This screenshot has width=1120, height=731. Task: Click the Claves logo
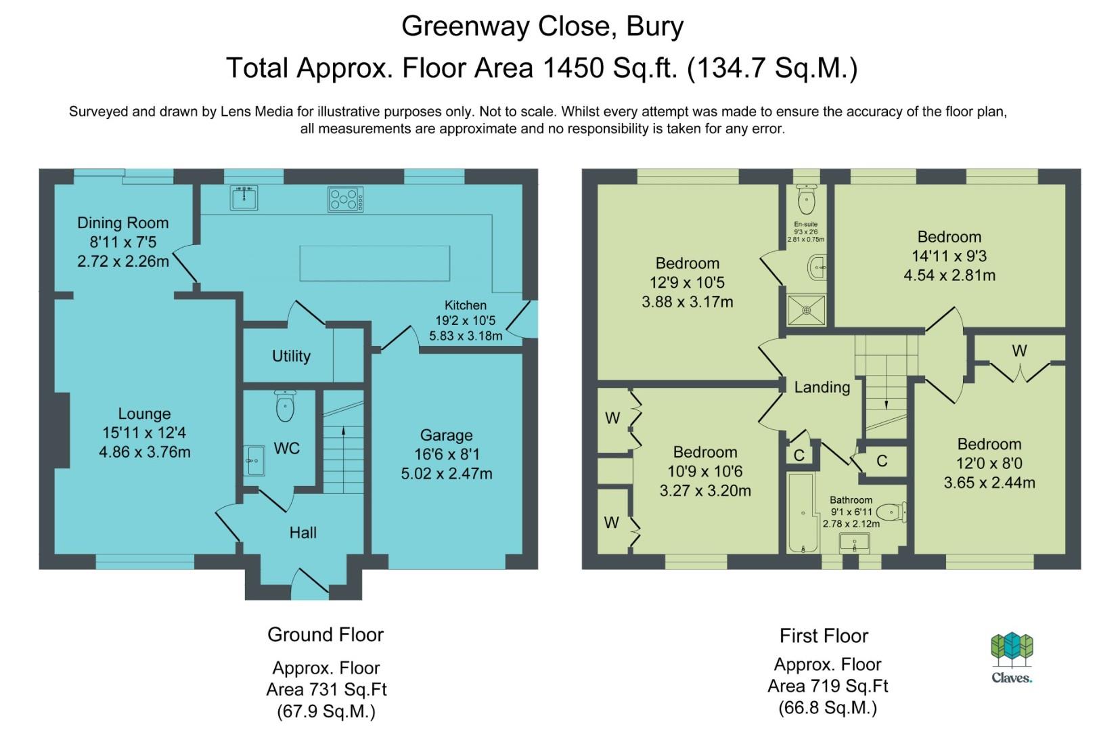pyautogui.click(x=1012, y=657)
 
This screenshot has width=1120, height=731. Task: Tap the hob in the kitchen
pyautogui.click(x=346, y=200)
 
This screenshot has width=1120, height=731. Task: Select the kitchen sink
pyautogui.click(x=244, y=198)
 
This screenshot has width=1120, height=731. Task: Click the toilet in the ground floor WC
pyautogui.click(x=285, y=406)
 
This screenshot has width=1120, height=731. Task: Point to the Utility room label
pyautogui.click(x=291, y=356)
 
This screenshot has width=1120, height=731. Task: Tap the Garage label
pyautogui.click(x=447, y=435)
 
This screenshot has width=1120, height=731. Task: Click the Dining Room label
pyautogui.click(x=123, y=223)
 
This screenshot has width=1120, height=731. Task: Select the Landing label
pyautogui.click(x=822, y=387)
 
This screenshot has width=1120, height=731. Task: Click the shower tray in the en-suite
pyautogui.click(x=806, y=310)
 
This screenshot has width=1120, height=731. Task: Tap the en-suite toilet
pyautogui.click(x=807, y=199)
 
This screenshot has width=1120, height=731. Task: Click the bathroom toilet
pyautogui.click(x=891, y=512)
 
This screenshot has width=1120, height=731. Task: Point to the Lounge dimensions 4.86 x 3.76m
pyautogui.click(x=145, y=452)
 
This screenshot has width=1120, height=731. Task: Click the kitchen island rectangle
pyautogui.click(x=374, y=263)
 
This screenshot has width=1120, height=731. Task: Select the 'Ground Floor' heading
pyautogui.click(x=326, y=634)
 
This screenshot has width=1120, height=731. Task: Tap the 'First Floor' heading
pyautogui.click(x=824, y=636)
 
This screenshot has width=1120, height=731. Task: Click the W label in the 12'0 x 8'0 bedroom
pyautogui.click(x=1019, y=351)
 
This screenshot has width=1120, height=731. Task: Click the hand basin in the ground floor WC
pyautogui.click(x=254, y=460)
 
